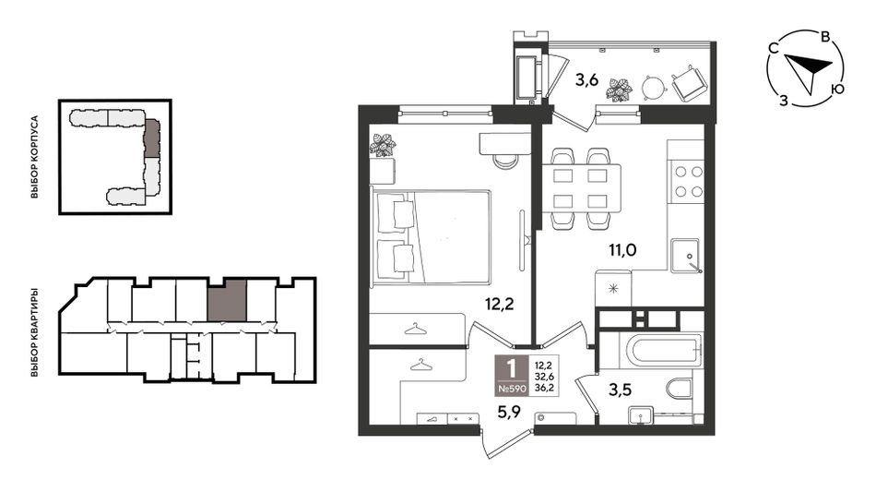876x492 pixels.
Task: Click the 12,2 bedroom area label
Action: click(499, 304)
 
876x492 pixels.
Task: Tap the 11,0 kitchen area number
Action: click(622, 250)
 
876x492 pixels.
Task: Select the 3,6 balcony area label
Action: click(586, 80)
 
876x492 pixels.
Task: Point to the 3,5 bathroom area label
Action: click(620, 390)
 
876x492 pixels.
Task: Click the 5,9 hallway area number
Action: click(509, 413)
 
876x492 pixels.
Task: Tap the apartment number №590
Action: click(511, 389)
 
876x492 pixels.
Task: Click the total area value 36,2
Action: click(544, 387)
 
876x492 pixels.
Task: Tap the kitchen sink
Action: click(685, 256)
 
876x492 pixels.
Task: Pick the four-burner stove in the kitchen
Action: click(688, 181)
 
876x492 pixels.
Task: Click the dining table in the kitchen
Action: click(581, 188)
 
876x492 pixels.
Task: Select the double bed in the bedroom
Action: click(432, 237)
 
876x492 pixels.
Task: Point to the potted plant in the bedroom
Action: click(384, 145)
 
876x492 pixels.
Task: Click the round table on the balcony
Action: click(653, 87)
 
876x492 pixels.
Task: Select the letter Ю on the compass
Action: click(837, 89)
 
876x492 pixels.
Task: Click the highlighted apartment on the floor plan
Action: click(226, 300)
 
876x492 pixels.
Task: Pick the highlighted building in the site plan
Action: click(151, 138)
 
